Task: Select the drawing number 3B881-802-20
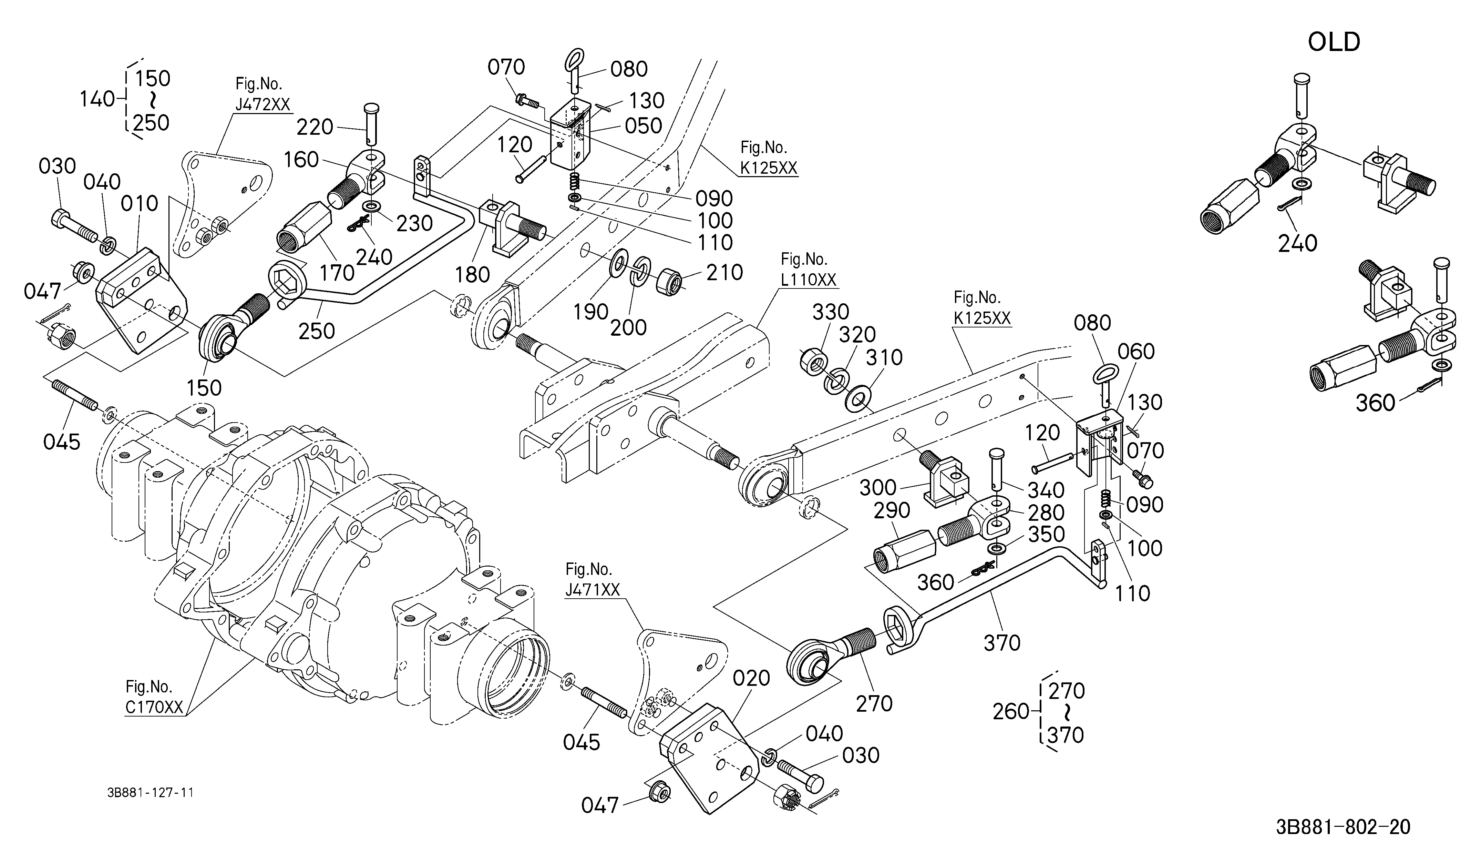point(1343,827)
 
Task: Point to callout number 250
point(317,331)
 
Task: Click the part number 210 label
point(724,272)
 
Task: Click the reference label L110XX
point(808,280)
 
